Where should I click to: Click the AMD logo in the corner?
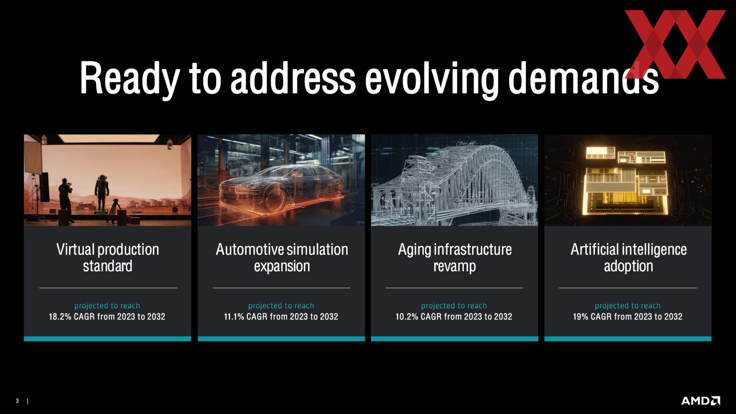point(700,401)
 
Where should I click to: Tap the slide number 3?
point(17,401)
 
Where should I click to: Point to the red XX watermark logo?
point(675,44)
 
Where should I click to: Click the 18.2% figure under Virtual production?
point(60,317)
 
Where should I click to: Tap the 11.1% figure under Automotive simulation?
point(234,317)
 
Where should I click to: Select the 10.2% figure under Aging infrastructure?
point(407,317)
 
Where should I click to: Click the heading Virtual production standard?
point(108,258)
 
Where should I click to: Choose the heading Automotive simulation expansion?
point(282,258)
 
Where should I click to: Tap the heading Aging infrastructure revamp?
point(455,258)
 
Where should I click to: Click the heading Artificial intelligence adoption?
point(629,258)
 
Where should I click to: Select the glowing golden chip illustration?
point(626,180)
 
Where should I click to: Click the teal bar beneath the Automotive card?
point(281,339)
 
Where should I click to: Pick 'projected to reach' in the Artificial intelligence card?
point(628,306)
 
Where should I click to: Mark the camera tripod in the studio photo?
point(114,211)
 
